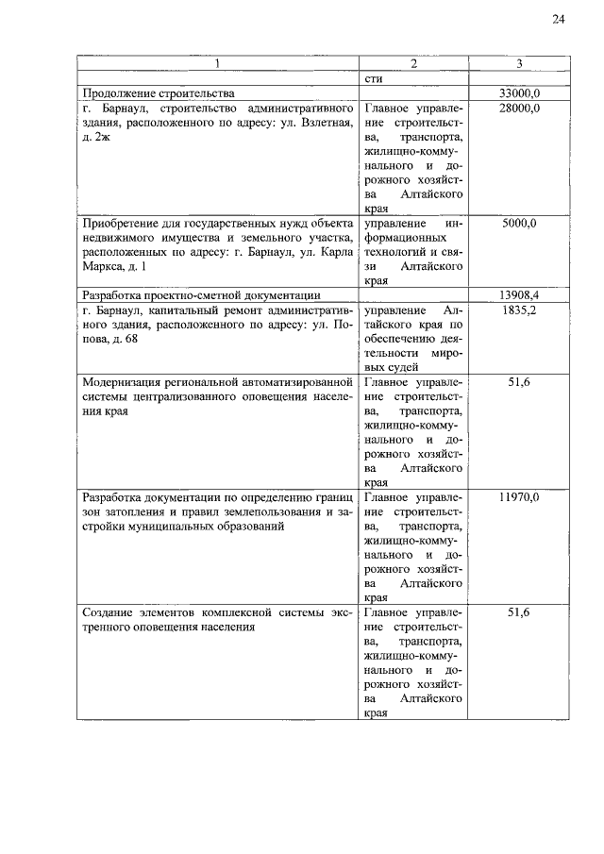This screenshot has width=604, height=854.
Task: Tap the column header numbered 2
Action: click(x=413, y=64)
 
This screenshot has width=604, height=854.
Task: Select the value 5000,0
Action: click(x=519, y=223)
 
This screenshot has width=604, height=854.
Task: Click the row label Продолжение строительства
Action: click(x=158, y=94)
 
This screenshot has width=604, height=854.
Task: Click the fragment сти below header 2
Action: click(x=372, y=79)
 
